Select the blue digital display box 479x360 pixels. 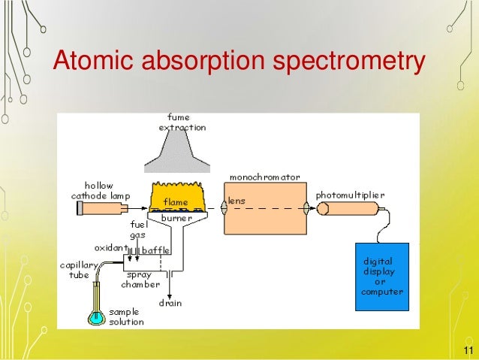click(x=381, y=277)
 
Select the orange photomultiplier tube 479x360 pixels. click(x=348, y=207)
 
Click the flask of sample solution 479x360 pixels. click(x=97, y=316)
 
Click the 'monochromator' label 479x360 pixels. click(x=264, y=177)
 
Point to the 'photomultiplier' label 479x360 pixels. click(x=351, y=194)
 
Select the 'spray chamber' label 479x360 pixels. click(x=140, y=280)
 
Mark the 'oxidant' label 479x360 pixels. click(x=110, y=247)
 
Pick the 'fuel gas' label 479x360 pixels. click(x=137, y=230)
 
